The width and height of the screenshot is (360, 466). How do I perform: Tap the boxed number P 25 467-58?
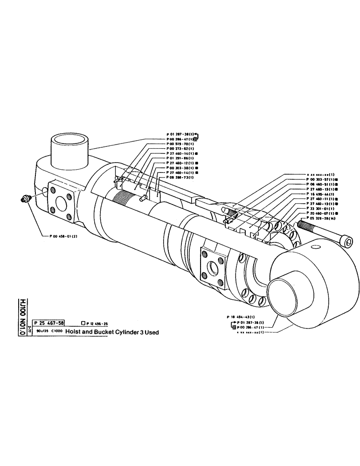coord(49,322)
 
